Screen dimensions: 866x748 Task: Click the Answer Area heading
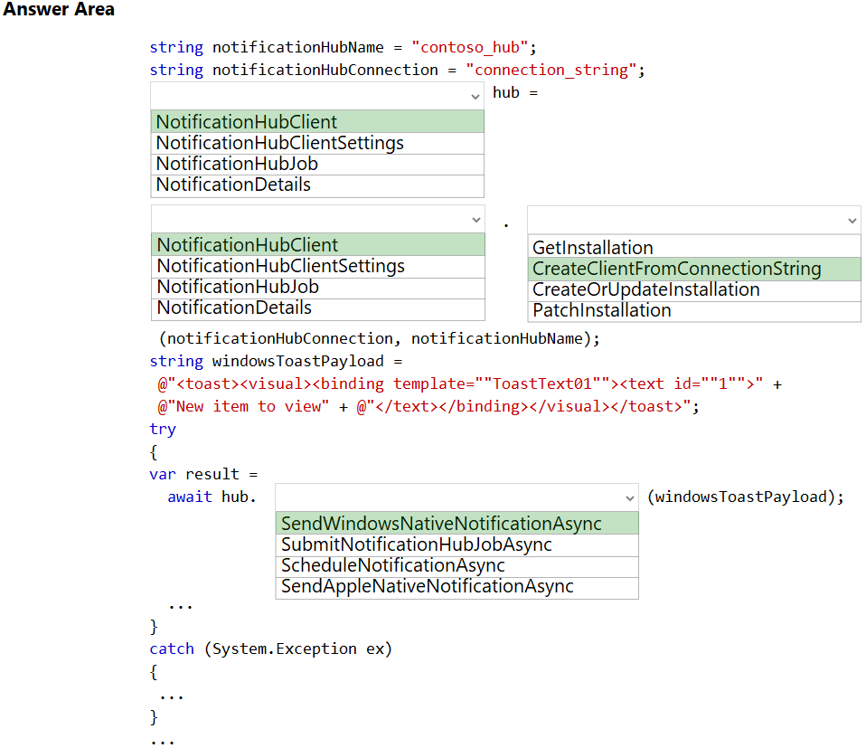(59, 9)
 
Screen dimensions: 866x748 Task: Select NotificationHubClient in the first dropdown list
(246, 121)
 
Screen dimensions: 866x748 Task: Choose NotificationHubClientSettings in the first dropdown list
(280, 143)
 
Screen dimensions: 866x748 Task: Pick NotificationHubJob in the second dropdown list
(238, 287)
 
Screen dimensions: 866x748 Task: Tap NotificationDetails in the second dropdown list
(234, 308)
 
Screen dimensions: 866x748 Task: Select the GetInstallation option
(593, 248)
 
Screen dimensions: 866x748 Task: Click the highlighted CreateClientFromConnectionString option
(676, 269)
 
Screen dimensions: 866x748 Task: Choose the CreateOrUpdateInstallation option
(645, 289)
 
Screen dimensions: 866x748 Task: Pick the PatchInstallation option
(601, 310)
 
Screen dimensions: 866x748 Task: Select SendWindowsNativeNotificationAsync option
(441, 523)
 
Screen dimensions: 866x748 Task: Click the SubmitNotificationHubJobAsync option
(417, 544)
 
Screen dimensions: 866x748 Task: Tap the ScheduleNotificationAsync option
(392, 565)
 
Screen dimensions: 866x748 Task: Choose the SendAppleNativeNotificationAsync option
(427, 586)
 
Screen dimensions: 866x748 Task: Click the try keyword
(163, 430)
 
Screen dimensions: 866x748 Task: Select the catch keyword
(172, 649)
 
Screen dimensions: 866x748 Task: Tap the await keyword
(190, 497)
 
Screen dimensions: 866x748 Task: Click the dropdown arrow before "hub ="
(475, 97)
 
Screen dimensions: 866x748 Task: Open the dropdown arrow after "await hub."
(630, 498)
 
